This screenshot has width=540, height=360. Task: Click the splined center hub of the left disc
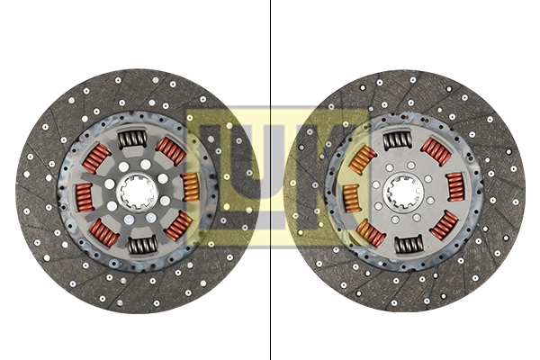tap(137, 191)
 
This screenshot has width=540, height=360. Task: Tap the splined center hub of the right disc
tap(402, 191)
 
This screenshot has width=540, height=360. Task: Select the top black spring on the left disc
tap(132, 139)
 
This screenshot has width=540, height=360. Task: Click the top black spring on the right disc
tap(397, 139)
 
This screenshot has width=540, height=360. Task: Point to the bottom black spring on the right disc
tap(409, 243)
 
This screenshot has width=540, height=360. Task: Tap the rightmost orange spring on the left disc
tap(190, 186)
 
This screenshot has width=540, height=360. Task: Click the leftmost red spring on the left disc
tap(84, 193)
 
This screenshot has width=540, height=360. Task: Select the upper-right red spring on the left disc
tap(170, 150)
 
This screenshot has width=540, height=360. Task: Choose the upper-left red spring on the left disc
tap(97, 157)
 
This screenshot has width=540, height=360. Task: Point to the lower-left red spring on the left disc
tap(104, 233)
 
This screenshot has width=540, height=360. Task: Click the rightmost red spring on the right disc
tap(454, 188)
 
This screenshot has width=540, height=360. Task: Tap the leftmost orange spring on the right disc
tap(351, 197)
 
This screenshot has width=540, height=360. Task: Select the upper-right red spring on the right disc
tap(436, 151)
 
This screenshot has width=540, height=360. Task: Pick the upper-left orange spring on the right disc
tap(362, 159)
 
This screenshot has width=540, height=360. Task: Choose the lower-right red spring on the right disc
tap(444, 225)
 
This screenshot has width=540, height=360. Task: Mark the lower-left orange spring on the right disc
tap(370, 233)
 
